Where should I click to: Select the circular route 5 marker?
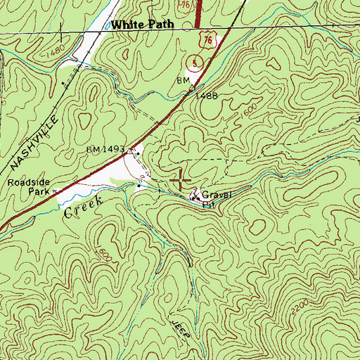tap(195, 64)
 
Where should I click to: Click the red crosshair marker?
tap(181, 180)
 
